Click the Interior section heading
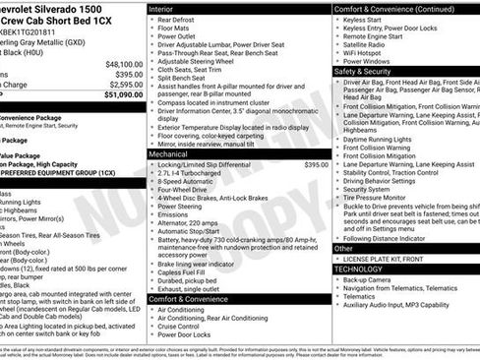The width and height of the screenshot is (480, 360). pyautogui.click(x=161, y=8)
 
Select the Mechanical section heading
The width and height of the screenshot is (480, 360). pyautogui.click(x=169, y=154)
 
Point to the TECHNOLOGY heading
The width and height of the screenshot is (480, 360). pyautogui.click(x=358, y=268)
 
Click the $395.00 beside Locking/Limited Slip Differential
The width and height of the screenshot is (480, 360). pyautogui.click(x=316, y=165)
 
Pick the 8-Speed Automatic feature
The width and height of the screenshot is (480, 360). pyautogui.click(x=185, y=183)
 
